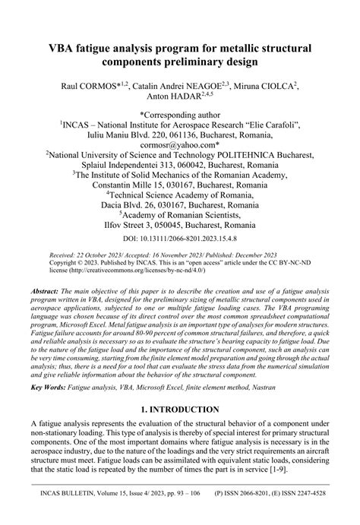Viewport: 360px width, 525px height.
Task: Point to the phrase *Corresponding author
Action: (x=180, y=110)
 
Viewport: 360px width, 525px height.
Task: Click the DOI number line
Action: (x=180, y=239)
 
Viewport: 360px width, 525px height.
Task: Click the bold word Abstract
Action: (x=47, y=291)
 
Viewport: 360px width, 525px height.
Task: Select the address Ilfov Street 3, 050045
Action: (x=180, y=226)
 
